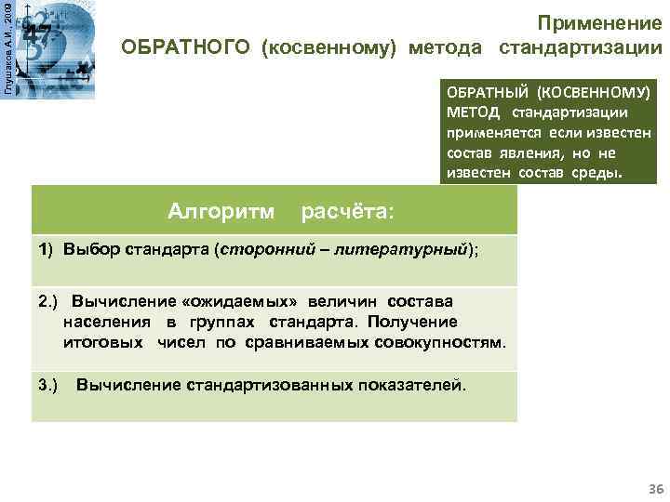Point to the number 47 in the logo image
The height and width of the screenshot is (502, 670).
[x=38, y=33]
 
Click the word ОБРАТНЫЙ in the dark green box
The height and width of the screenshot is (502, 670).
[x=489, y=94]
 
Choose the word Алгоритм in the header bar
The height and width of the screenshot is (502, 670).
[x=221, y=212]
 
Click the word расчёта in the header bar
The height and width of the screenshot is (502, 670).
[x=348, y=212]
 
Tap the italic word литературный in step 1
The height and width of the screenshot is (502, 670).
[x=416, y=252]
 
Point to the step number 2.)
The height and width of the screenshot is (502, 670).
[x=48, y=302]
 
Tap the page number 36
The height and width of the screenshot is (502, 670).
[x=654, y=489]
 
